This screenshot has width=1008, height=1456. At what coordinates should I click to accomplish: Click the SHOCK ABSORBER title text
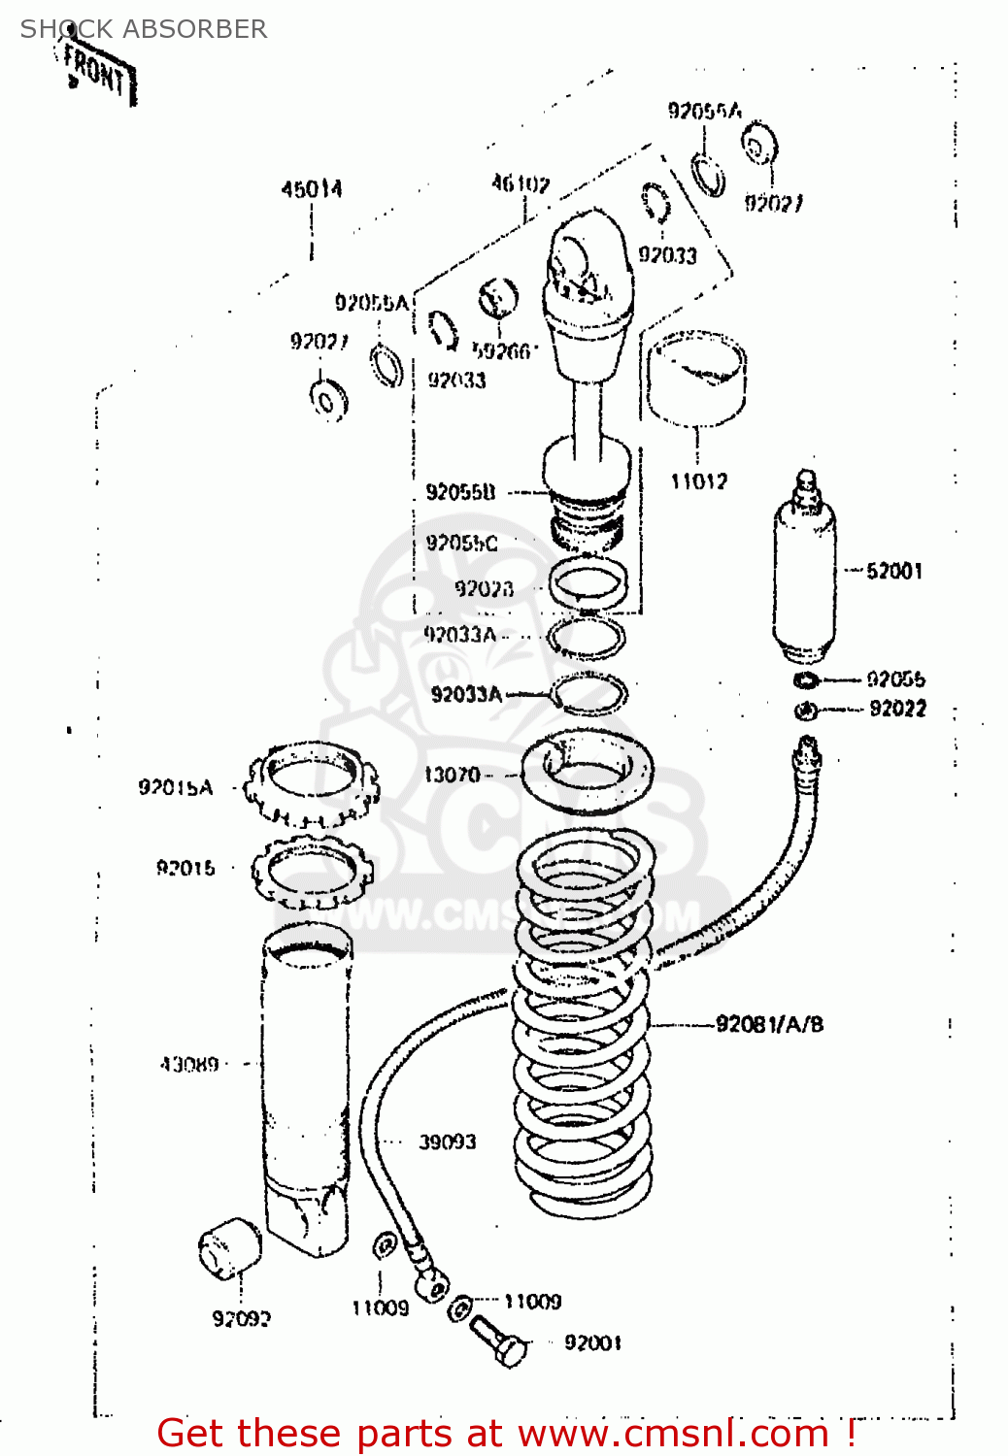coord(144,29)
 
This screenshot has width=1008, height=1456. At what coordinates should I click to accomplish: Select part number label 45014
coord(312,189)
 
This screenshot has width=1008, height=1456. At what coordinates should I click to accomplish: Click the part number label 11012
coord(699,481)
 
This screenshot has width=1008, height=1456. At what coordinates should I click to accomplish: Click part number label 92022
coord(897,710)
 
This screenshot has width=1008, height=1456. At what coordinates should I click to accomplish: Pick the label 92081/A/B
coord(769,1024)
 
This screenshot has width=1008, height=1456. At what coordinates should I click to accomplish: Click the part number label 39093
coord(448,1142)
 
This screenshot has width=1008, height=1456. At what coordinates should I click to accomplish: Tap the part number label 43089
coord(189,1065)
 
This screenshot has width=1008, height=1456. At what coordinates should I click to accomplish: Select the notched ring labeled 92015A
coord(311,783)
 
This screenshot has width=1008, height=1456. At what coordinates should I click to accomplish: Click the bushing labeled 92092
coord(230,1249)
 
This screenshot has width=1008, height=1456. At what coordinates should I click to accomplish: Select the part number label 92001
coord(592,1343)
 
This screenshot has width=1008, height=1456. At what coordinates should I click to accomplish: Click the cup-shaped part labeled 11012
coord(696,379)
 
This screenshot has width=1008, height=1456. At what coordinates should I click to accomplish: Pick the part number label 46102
coord(521,183)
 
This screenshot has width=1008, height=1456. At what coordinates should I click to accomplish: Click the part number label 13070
coord(452,775)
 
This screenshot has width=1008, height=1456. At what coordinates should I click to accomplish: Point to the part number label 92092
coord(242,1319)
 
